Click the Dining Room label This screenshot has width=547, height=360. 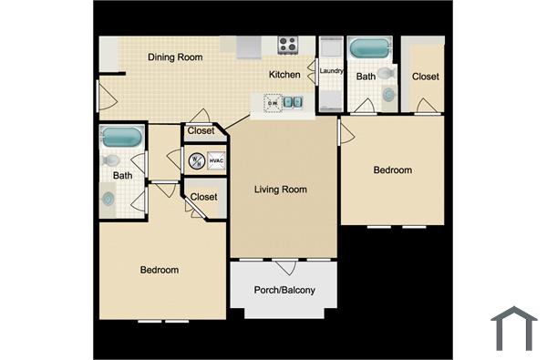click(175, 57)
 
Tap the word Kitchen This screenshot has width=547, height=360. click(284, 75)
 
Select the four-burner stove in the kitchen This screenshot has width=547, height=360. click(288, 43)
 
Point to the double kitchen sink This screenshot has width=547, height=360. click(293, 102)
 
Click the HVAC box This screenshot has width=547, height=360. click(216, 161)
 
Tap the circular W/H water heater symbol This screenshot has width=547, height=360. click(196, 161)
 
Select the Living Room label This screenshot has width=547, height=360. click(280, 190)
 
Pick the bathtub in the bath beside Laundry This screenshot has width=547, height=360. click(368, 46)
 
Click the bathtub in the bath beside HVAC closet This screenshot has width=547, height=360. click(121, 138)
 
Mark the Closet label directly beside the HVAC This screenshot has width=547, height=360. click(203, 196)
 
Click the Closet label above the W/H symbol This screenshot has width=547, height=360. click(201, 131)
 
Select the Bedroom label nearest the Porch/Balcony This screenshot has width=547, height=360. click(159, 270)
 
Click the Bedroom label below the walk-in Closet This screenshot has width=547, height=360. click(393, 170)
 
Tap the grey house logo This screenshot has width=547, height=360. click(513, 328)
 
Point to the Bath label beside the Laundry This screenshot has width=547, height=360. click(366, 77)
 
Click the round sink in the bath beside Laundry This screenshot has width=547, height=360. click(388, 94)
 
